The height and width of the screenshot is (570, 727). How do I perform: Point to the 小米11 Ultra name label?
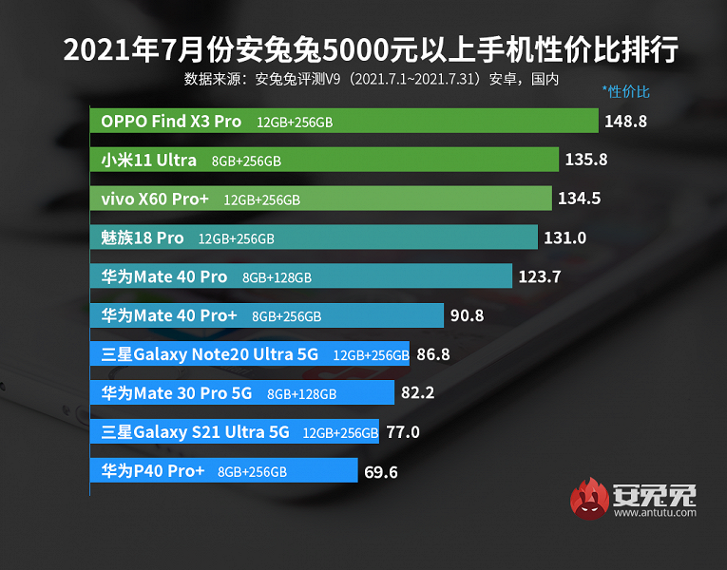point(149,160)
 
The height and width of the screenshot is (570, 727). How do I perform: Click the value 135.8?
point(586,160)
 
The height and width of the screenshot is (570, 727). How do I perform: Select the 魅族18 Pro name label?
point(143,237)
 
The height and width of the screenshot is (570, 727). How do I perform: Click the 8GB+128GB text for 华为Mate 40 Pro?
point(277,277)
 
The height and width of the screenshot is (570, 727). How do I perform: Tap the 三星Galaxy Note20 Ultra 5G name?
point(210,354)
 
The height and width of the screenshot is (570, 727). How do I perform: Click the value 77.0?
point(402,431)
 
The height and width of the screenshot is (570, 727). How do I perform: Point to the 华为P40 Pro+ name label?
point(153,470)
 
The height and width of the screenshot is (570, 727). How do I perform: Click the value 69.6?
point(382,470)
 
